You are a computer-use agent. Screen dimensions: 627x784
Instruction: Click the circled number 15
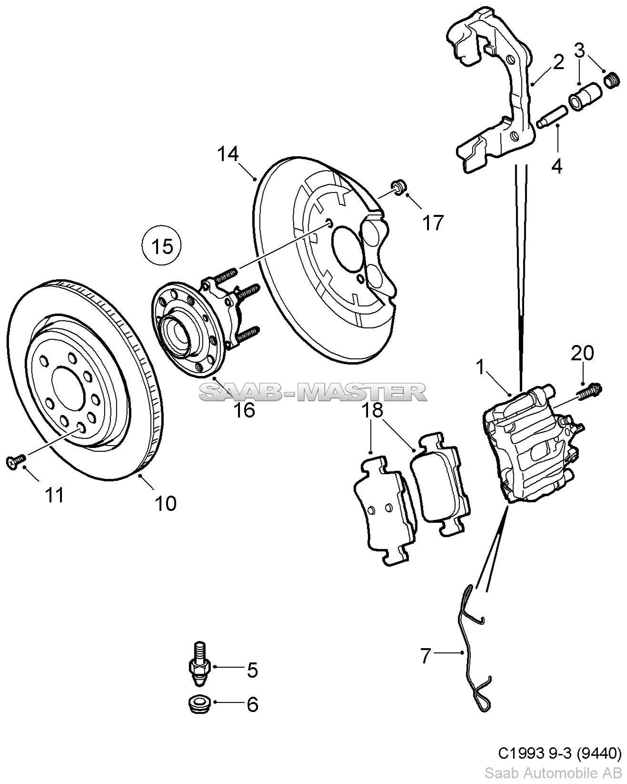click(161, 247)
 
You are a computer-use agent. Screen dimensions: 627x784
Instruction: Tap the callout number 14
click(228, 154)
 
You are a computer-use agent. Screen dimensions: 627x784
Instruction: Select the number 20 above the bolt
click(582, 353)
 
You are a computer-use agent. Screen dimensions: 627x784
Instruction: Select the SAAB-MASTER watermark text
click(313, 392)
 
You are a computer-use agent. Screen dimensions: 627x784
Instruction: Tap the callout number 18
click(372, 410)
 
